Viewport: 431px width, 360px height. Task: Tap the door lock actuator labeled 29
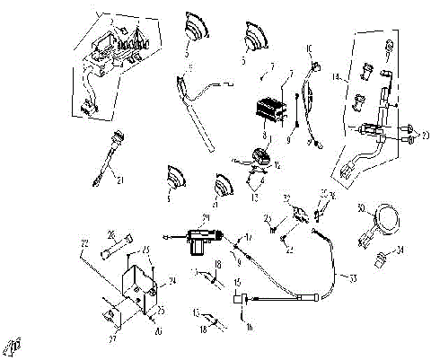[200, 240]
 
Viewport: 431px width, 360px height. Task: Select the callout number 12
[278, 164]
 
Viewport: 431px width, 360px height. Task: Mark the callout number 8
[265, 136]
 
